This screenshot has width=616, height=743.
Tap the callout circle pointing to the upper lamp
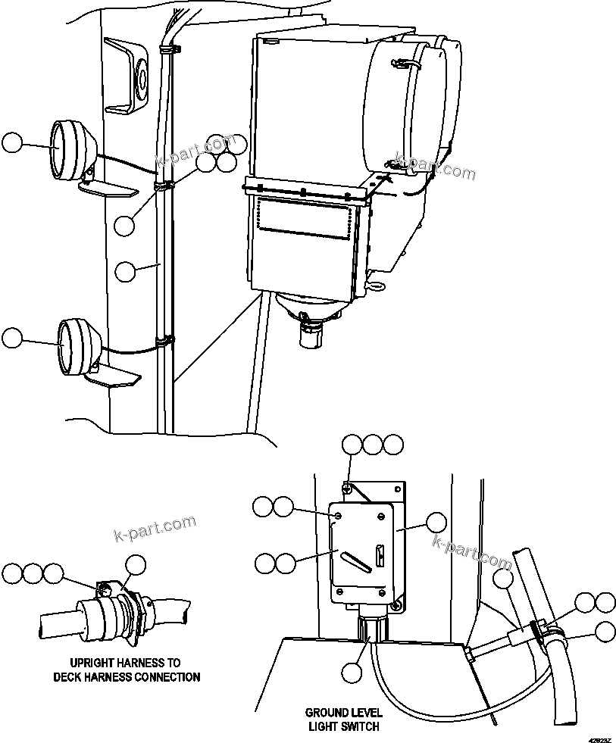pyautogui.click(x=12, y=143)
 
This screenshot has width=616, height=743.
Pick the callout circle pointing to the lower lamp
pyautogui.click(x=12, y=339)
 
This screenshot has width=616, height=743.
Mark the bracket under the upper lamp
pyautogui.click(x=107, y=188)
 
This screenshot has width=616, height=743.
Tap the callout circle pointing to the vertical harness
pyautogui.click(x=126, y=272)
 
